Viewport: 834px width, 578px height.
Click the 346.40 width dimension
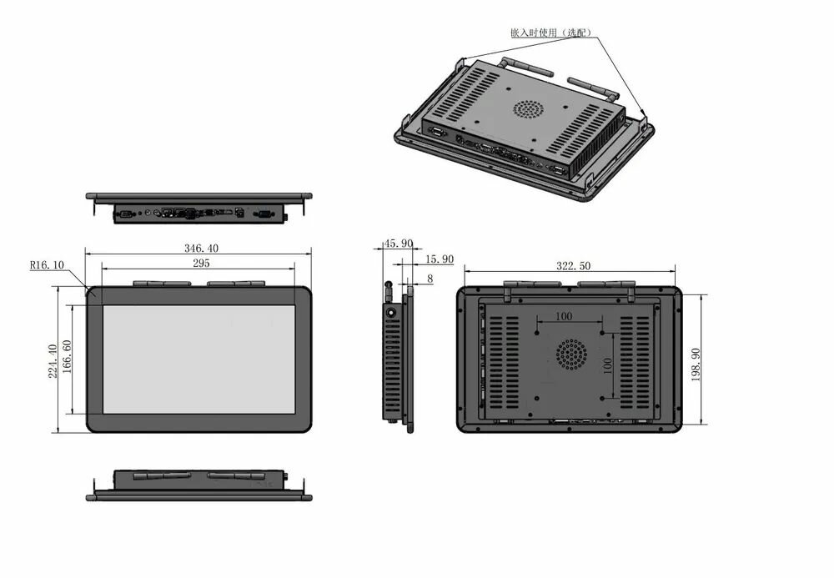[201, 249]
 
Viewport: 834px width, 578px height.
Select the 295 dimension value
[201, 264]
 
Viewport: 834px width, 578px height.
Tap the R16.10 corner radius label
[47, 264]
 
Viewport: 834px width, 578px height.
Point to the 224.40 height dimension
[53, 361]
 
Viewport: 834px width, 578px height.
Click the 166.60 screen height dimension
[67, 357]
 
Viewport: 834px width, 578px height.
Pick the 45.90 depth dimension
[399, 244]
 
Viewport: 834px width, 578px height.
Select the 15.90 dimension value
[440, 259]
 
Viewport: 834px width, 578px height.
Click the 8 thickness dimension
[430, 279]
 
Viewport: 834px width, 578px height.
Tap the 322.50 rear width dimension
[574, 266]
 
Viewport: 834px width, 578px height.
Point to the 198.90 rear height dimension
[696, 364]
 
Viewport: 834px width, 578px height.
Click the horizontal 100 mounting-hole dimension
[564, 316]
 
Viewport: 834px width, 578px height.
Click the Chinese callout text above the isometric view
[550, 33]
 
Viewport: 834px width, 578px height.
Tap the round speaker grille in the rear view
[572, 354]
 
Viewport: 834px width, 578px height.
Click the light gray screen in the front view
[199, 359]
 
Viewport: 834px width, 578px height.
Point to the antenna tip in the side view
[389, 284]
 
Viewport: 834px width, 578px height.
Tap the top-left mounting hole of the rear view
[537, 333]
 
